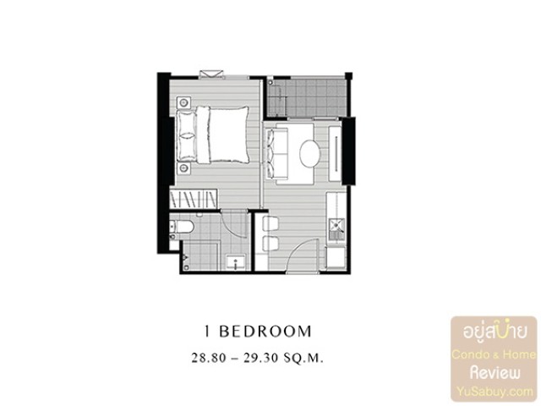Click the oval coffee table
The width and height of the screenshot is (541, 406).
click(x=310, y=153)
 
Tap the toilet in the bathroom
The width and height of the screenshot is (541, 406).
click(x=183, y=227)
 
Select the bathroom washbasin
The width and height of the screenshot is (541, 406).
click(x=236, y=261)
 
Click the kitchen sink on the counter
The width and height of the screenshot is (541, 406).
click(x=336, y=226)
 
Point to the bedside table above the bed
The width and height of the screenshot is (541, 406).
click(x=184, y=102)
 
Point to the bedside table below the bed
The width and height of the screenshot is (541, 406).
click(x=184, y=168)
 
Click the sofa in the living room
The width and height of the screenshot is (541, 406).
click(x=276, y=154)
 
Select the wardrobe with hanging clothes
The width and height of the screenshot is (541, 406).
click(x=194, y=200)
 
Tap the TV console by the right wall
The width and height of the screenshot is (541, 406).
click(x=335, y=154)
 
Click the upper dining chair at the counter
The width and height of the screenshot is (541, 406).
click(x=270, y=223)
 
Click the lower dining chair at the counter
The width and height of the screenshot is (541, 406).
click(x=270, y=244)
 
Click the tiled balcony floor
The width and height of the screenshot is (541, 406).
click(x=307, y=98)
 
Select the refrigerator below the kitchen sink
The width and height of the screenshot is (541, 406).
click(x=336, y=256)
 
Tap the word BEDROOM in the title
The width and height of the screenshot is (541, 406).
click(x=265, y=332)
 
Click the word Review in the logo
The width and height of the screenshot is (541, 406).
click(x=495, y=373)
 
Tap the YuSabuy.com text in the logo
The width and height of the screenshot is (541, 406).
click(x=495, y=392)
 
